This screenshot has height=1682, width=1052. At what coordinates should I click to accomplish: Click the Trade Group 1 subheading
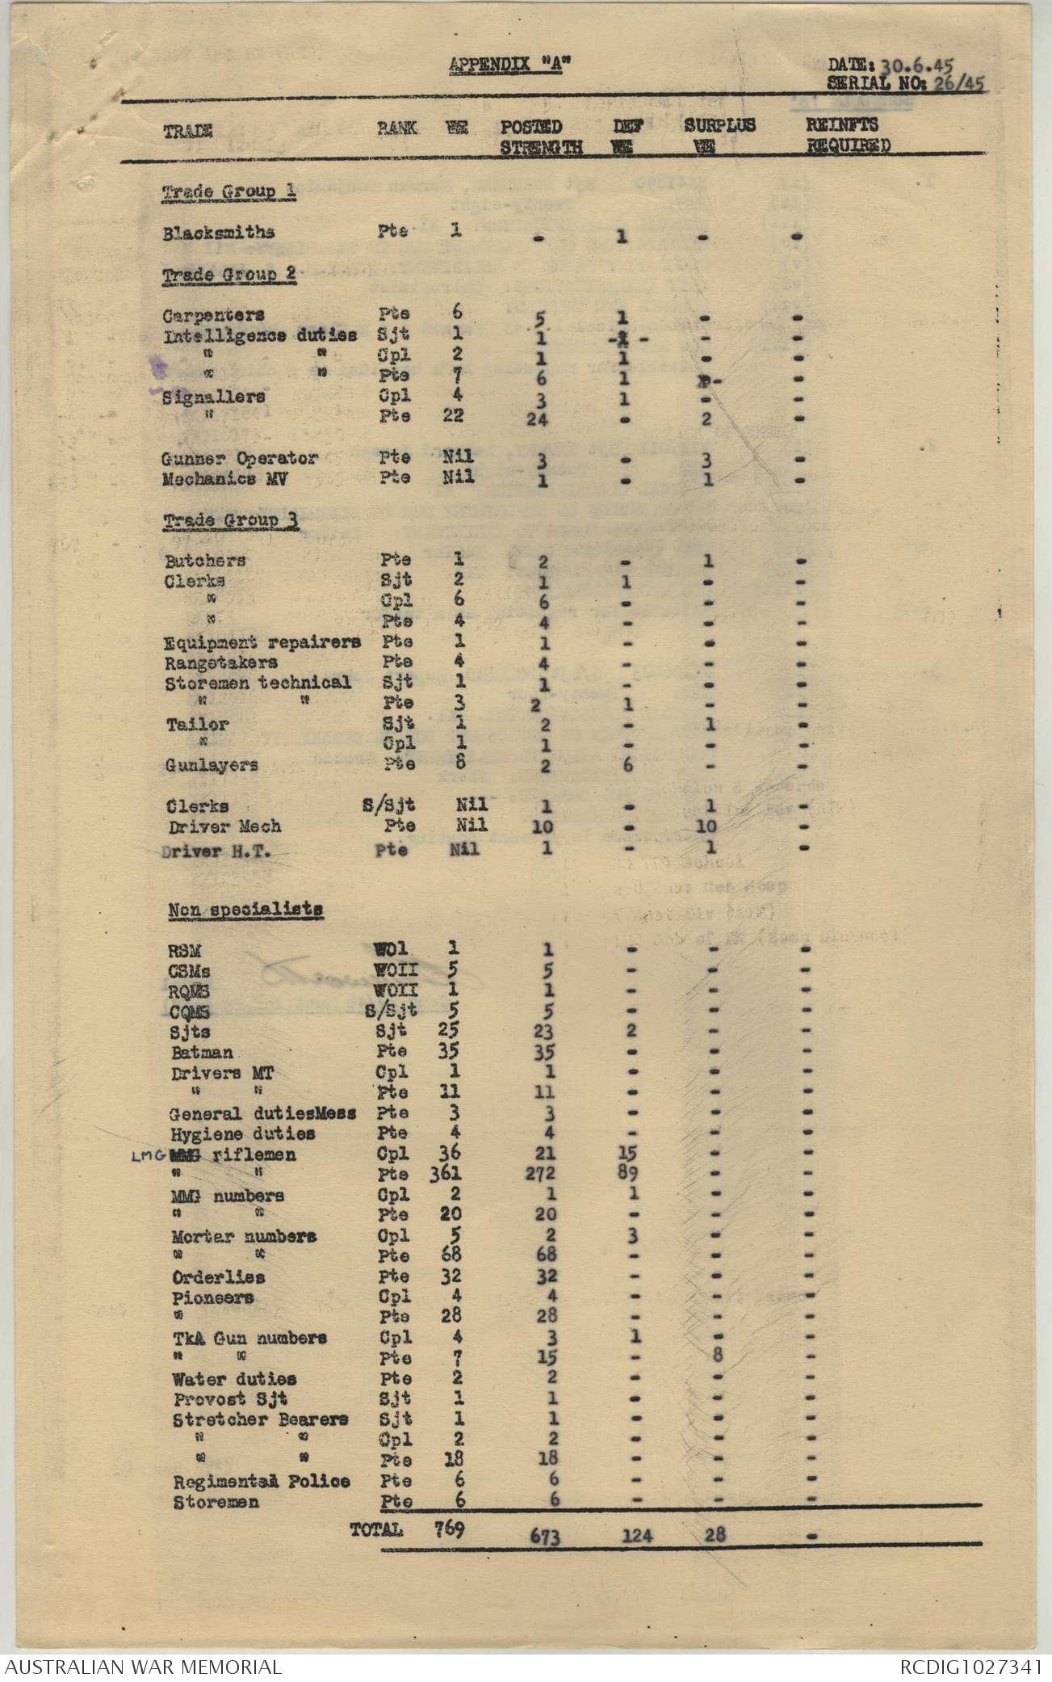pos(228,193)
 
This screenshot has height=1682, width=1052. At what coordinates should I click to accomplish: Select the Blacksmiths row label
pos(218,233)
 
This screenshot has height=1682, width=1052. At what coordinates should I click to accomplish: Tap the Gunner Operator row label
pos(240,459)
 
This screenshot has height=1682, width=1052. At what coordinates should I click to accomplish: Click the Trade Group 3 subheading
pos(230,520)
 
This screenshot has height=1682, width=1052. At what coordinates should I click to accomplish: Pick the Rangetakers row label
pos(220,663)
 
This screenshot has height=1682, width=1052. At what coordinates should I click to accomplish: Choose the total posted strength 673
pos(545,1536)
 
